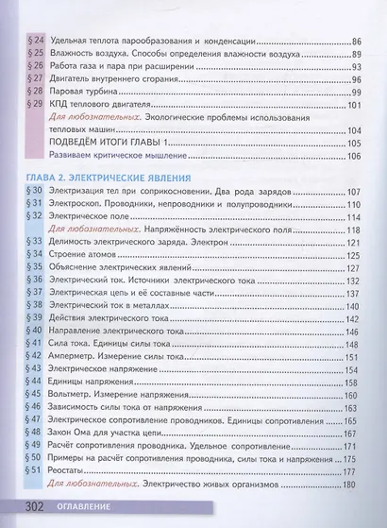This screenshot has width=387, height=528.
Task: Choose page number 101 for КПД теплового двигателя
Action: (357, 106)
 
